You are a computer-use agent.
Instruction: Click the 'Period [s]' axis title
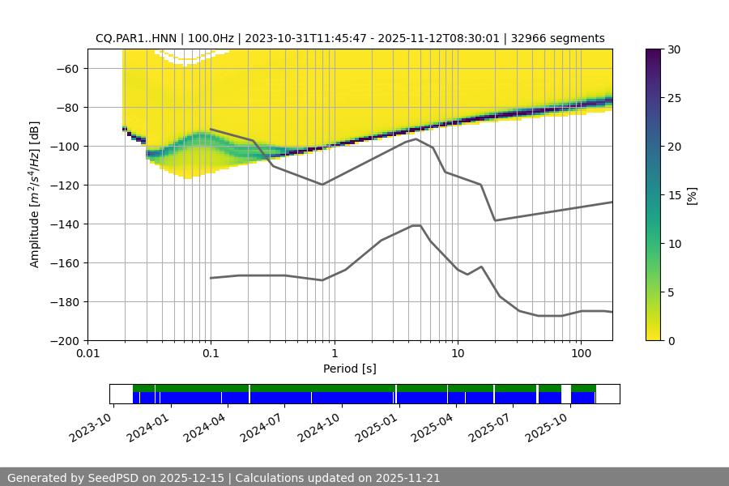[349, 369]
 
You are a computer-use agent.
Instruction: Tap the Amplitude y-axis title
[34, 194]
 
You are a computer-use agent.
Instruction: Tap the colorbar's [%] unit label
[691, 194]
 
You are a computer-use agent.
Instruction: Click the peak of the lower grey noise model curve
[416, 225]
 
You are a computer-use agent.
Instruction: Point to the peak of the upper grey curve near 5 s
[416, 139]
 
